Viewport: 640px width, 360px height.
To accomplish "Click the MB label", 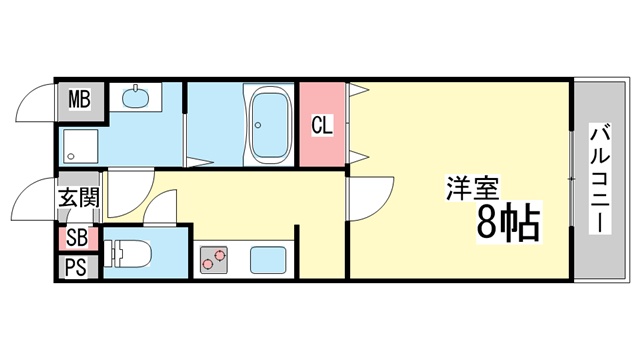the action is tap(79, 99).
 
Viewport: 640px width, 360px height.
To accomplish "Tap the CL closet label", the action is tap(322, 125).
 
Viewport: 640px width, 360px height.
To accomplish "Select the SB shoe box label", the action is tap(77, 238).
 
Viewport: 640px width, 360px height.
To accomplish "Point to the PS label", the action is tap(76, 267).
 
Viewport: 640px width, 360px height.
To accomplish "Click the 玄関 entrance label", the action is tap(79, 198).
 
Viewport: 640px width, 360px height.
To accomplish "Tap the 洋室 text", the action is tap(473, 188).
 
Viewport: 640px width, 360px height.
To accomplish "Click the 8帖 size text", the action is tap(509, 222).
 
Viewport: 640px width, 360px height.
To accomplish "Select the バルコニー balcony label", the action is tap(600, 179).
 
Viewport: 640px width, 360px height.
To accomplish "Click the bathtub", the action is tap(269, 124).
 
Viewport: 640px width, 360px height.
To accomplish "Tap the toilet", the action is tap(127, 253).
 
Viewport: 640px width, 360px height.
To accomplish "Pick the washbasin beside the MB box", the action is tap(136, 97).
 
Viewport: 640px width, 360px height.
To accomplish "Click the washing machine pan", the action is tap(81, 146).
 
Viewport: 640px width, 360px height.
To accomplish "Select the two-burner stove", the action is tap(213, 260).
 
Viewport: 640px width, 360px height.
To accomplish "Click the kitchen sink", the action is tap(268, 260).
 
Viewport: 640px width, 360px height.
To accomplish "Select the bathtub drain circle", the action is tap(258, 125).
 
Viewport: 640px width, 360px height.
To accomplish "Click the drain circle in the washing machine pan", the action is tap(71, 156).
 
